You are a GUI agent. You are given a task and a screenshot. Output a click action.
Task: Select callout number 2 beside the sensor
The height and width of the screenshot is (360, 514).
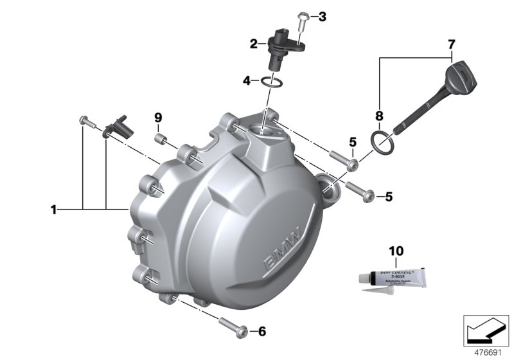point(254,44)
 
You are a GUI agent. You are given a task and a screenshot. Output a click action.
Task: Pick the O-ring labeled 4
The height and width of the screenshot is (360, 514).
point(272,81)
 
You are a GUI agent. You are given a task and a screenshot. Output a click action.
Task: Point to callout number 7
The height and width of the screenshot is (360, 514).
point(452,44)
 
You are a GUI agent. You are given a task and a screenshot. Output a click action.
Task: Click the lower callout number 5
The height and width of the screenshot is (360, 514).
point(389,197)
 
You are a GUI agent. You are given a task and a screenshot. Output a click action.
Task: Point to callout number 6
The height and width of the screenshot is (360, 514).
point(261,332)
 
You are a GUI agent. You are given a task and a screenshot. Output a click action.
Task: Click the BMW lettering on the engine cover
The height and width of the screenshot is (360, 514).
point(281,253)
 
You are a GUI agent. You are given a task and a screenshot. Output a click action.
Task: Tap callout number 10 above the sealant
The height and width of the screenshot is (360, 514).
point(396,250)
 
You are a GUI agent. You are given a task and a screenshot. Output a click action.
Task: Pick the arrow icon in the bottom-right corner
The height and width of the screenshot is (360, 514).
point(486,330)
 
